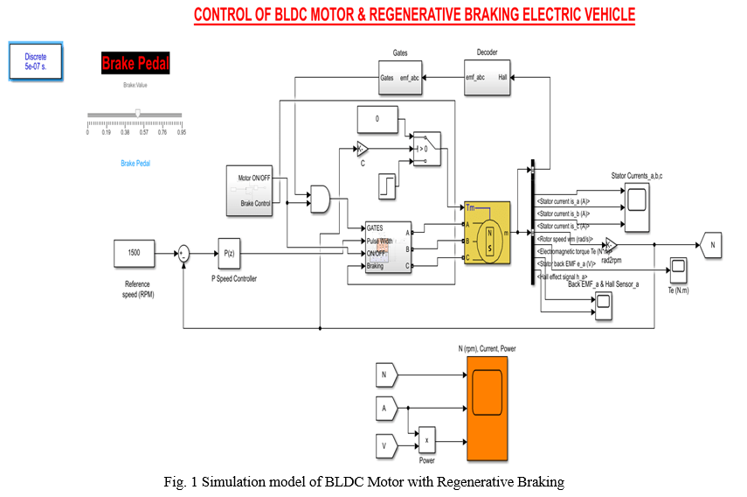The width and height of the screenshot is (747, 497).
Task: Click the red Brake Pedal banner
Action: tap(135, 63)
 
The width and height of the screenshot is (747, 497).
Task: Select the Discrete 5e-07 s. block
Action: tap(36, 61)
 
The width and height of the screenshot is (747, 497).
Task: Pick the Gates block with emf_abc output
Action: tap(398, 77)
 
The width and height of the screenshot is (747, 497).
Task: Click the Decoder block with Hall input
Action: tap(486, 77)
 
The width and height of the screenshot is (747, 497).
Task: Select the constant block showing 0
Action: tap(377, 118)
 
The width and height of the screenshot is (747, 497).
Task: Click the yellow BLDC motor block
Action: tap(487, 232)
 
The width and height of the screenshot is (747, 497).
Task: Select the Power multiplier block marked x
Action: tap(426, 440)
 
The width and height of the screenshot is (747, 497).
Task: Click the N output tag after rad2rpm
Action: tap(711, 246)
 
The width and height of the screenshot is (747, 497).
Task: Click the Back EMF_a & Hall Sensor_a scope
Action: tap(603, 304)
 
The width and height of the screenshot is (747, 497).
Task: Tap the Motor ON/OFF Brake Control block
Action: tap(250, 190)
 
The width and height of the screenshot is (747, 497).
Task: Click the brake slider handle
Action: tap(137, 113)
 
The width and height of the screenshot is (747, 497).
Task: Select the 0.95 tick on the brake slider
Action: tap(181, 132)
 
